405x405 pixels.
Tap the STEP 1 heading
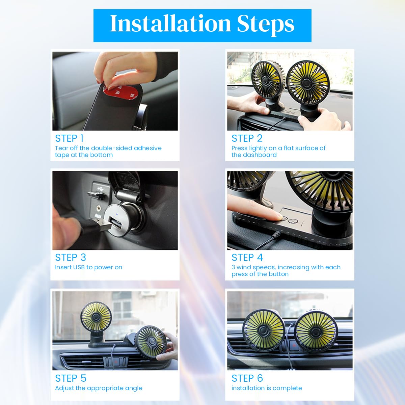click(70, 138)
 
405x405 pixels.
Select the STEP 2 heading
click(247, 138)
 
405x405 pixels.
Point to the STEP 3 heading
click(71, 258)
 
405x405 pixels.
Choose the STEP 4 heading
click(247, 258)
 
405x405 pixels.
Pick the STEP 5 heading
click(71, 378)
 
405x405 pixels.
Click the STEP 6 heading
click(247, 378)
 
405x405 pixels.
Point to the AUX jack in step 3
click(98, 209)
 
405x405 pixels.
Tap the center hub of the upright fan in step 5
click(96, 317)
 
